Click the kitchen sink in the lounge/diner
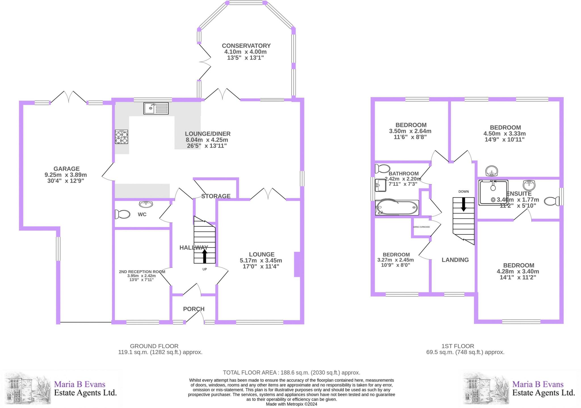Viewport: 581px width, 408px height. tap(156, 108)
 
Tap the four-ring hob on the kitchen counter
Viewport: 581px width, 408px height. tap(121, 137)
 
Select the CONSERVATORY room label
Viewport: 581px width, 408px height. tap(246, 46)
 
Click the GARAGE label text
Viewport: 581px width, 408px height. tap(67, 169)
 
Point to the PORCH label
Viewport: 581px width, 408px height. tap(194, 309)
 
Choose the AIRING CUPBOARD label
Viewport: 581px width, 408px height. tap(421, 227)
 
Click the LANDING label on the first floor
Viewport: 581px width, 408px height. tap(455, 260)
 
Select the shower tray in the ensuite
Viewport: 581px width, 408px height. tap(493, 192)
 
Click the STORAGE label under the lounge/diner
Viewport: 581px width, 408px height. tap(216, 196)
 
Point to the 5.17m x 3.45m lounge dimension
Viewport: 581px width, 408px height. tap(261, 260)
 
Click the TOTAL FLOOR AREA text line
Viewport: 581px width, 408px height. tap(292, 373)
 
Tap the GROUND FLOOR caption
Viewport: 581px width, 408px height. tap(154, 346)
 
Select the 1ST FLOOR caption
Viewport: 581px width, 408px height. tap(458, 346)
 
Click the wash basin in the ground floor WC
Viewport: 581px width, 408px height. tap(146, 204)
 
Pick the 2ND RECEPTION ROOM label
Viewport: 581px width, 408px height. tap(142, 272)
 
